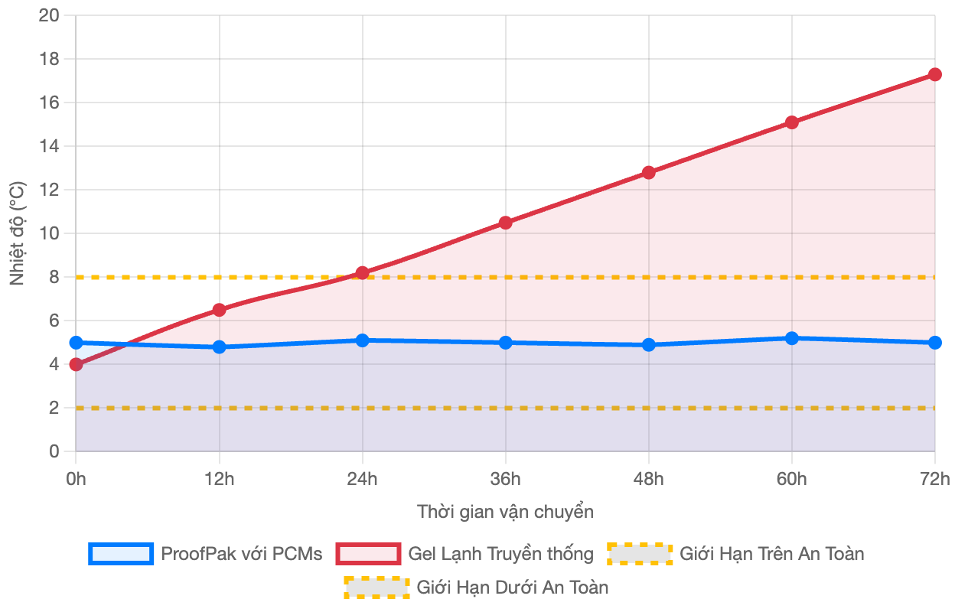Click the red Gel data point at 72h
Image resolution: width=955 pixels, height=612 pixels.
coord(934,74)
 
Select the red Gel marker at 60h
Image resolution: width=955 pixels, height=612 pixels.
coord(791,122)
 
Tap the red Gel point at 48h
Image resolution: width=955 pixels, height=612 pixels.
coord(648,172)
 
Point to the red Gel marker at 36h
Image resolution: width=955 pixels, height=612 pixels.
coord(505,223)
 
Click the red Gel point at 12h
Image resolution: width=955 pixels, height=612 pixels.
coord(220,310)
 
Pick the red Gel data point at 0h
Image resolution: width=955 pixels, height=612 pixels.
coord(76,364)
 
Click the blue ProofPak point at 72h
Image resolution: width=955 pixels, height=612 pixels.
coord(934,343)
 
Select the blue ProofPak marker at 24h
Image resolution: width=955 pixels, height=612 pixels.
coord(362,340)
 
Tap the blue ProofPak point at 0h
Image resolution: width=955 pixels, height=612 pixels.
coord(76,343)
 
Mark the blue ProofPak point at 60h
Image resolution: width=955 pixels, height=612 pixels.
coord(791,338)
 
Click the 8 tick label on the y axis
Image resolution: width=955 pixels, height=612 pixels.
coord(54,277)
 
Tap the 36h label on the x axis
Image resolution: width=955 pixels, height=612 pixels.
coord(505,479)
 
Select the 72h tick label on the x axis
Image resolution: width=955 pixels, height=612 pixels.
coord(934,479)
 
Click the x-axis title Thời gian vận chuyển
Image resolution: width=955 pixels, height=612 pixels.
coord(505,512)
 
